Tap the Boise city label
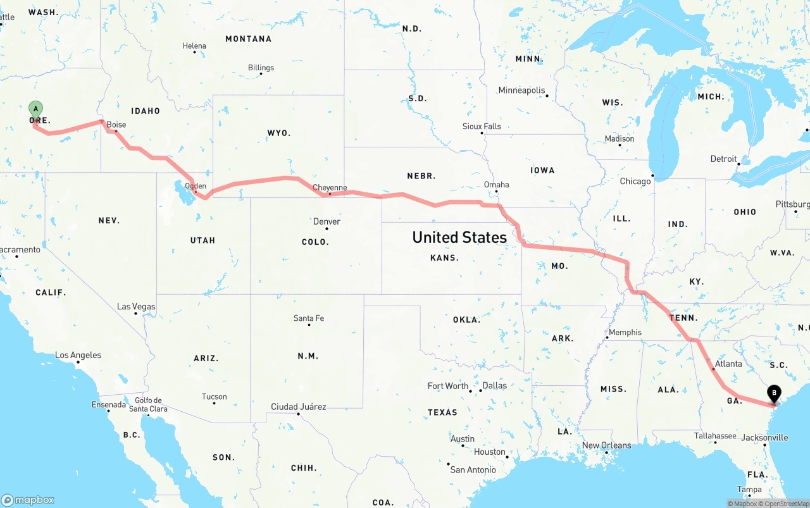click(x=116, y=125)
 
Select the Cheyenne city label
click(x=330, y=188)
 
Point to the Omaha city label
click(x=496, y=185)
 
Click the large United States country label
click(x=459, y=237)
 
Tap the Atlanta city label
click(x=728, y=364)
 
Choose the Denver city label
click(x=327, y=221)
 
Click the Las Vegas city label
click(x=136, y=307)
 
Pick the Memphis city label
click(x=625, y=332)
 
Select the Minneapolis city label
click(x=521, y=90)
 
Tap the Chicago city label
click(x=635, y=181)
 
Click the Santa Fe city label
click(x=309, y=318)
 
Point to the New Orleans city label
click(x=607, y=445)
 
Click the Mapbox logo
click(x=28, y=500)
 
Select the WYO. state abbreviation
click(x=279, y=133)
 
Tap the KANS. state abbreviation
click(x=444, y=258)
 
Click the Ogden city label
click(x=195, y=186)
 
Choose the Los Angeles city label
click(x=78, y=356)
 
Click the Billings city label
click(x=261, y=68)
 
